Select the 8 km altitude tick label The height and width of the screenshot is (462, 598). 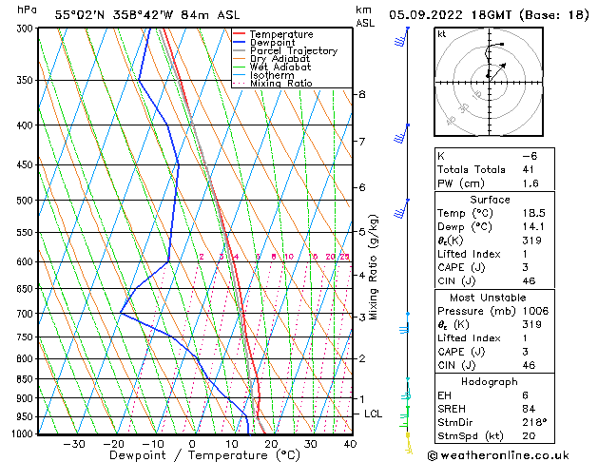tap(362, 94)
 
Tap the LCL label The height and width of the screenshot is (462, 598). tap(374, 414)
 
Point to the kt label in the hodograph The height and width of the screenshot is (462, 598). tap(442, 34)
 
